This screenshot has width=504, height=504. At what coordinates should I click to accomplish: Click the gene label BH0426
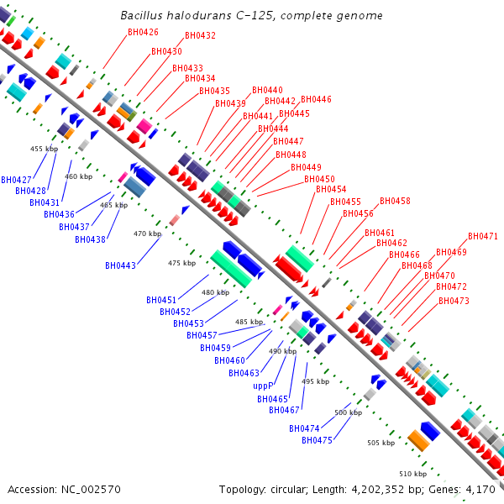143,32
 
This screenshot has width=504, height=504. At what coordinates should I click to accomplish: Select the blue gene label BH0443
121,265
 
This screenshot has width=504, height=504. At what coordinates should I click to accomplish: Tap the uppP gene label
264,386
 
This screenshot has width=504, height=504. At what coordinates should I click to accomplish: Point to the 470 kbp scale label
147,234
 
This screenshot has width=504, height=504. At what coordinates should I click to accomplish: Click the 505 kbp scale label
381,443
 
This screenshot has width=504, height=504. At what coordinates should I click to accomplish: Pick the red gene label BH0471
483,236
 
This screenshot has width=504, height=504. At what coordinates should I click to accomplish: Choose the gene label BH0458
395,201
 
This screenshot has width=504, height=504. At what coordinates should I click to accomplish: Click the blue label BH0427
16,180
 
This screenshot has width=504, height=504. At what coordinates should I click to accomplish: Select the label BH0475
318,440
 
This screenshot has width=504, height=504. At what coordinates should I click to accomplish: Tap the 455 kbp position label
44,149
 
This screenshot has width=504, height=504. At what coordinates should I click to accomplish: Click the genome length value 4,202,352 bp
378,489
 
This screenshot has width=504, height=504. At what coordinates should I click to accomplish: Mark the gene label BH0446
316,99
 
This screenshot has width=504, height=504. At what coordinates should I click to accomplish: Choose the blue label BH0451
161,300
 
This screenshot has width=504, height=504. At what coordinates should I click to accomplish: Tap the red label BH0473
454,300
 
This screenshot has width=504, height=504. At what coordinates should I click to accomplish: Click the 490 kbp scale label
282,351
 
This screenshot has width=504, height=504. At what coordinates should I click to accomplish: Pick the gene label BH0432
200,35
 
